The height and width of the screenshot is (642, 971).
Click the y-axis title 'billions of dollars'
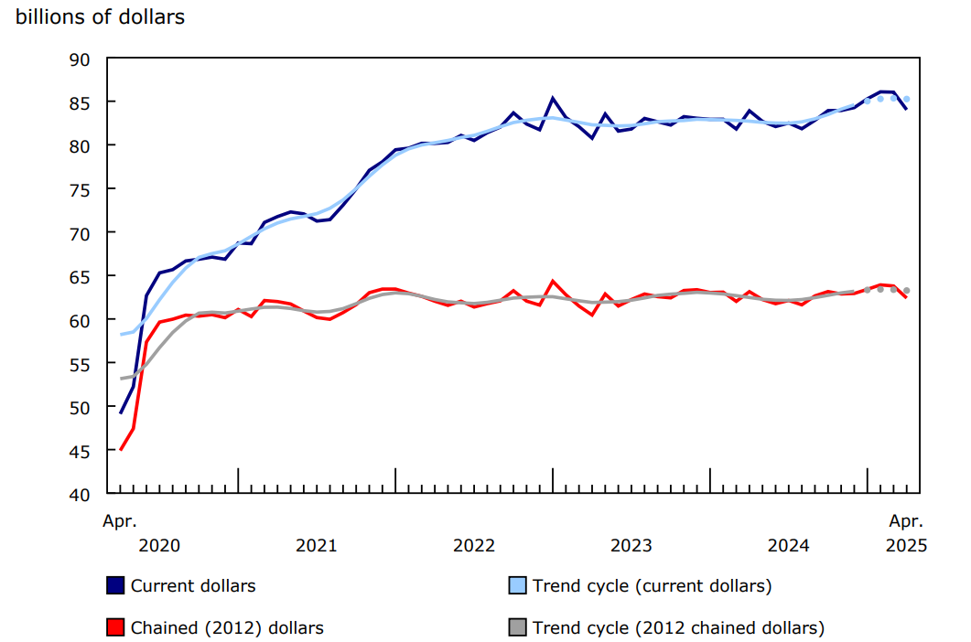tap(100, 17)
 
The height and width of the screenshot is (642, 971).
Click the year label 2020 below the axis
tap(159, 546)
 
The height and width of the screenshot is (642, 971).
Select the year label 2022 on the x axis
tap(473, 546)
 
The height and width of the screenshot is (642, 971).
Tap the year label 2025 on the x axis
tap(907, 546)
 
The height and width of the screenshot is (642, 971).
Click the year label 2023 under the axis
tap(631, 546)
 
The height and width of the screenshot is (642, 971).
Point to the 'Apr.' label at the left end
tap(119, 522)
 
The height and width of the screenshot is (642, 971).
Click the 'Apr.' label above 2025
tap(907, 522)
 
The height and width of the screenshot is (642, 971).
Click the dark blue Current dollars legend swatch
tap(116, 585)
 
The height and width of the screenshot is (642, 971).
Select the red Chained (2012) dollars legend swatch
tap(116, 627)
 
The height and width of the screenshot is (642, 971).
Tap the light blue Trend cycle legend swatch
tap(517, 585)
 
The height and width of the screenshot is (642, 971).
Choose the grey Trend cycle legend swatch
tap(517, 627)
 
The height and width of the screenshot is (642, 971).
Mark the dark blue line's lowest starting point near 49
tap(121, 413)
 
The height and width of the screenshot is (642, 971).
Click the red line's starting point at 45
tap(121, 450)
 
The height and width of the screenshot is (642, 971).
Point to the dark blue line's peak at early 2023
tap(553, 98)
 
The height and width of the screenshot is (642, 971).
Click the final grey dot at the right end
tap(907, 291)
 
